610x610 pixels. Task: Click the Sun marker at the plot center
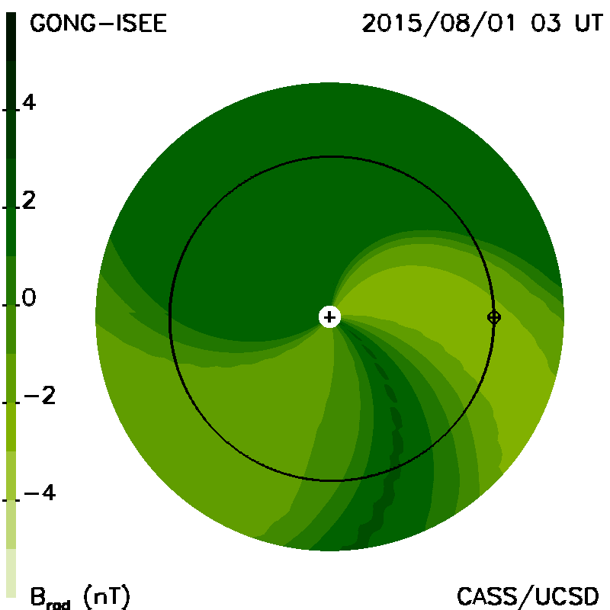click(x=329, y=317)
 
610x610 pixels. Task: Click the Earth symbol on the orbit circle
click(x=494, y=317)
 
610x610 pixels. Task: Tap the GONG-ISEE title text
click(x=98, y=24)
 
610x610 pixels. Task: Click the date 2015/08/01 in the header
click(x=439, y=24)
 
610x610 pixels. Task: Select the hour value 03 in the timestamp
click(x=546, y=24)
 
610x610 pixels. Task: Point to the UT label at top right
click(x=589, y=24)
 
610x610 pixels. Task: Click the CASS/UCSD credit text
click(x=528, y=596)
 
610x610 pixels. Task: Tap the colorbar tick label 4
click(x=29, y=103)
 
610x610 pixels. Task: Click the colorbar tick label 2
click(x=29, y=201)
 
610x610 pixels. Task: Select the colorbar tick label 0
click(x=29, y=298)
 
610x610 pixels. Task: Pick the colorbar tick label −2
click(x=40, y=396)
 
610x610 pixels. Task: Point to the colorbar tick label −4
click(x=40, y=493)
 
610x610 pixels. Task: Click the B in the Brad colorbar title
click(x=38, y=596)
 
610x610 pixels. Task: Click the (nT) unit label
click(x=107, y=596)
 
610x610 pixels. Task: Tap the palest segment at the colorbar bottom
click(x=11, y=573)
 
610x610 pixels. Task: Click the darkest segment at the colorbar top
click(x=11, y=37)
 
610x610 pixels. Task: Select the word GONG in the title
click(x=63, y=24)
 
